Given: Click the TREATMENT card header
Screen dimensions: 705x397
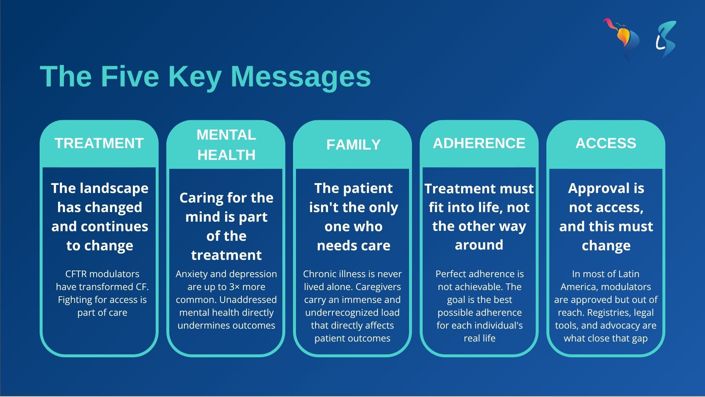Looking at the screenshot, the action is click(99, 143).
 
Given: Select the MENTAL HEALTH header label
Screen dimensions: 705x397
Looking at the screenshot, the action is click(226, 145).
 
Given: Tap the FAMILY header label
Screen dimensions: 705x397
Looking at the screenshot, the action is click(353, 145).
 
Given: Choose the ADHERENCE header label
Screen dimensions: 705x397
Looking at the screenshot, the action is click(479, 143).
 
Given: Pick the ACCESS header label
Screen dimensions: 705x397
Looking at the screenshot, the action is click(606, 143).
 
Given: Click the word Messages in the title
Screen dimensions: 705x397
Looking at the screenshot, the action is click(301, 76).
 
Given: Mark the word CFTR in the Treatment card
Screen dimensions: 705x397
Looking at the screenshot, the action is click(76, 274).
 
